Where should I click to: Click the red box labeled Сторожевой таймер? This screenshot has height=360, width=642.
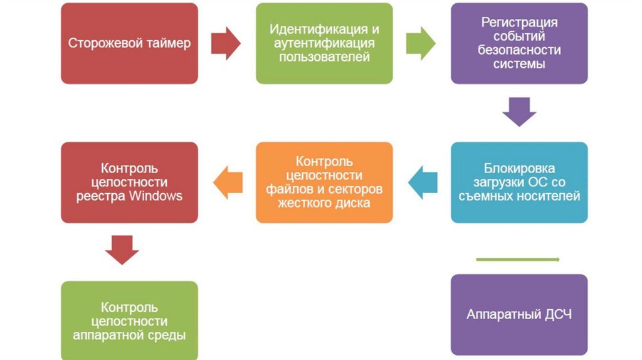pos(129,43)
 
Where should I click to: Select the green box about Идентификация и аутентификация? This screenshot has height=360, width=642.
pos(324,43)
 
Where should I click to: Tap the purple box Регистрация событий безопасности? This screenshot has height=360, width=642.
pos(519,43)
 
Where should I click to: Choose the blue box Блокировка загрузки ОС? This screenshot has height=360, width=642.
pos(519,182)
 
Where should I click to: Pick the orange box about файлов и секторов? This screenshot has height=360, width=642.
pos(324,182)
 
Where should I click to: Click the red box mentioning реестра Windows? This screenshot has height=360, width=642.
pos(129,182)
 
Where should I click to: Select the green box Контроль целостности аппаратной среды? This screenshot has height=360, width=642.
pos(129,320)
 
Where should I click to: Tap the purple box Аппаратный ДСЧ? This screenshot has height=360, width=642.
pos(519,314)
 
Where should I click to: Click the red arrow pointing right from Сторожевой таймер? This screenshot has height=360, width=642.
pos(226,43)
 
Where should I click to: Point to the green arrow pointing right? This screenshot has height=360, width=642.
pos(421,43)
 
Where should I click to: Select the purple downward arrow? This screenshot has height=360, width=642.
pos(519,112)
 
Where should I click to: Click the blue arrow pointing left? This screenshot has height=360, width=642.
pos(423,183)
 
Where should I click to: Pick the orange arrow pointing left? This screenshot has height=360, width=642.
pos(228,183)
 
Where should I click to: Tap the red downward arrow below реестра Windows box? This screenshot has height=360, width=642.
pos(122,249)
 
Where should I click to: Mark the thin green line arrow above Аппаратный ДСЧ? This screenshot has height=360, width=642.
pos(518,259)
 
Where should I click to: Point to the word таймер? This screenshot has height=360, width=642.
pos(168,44)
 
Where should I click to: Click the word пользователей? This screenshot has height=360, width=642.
pos(324,57)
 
